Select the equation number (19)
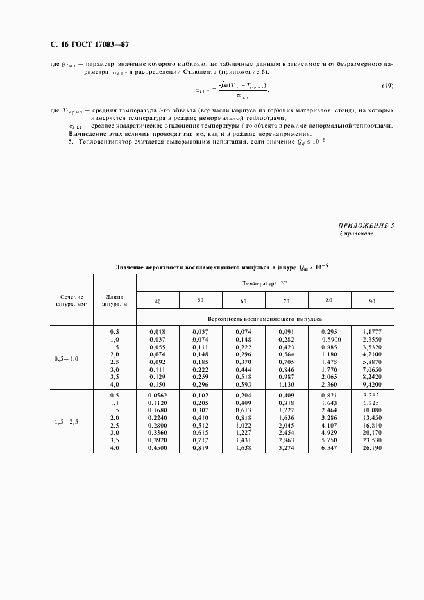pyautogui.click(x=387, y=86)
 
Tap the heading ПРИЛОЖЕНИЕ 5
pyautogui.click(x=366, y=226)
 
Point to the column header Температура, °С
pyautogui.click(x=265, y=282)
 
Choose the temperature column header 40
pyautogui.click(x=157, y=301)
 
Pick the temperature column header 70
pyautogui.click(x=286, y=301)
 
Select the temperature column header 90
pyautogui.click(x=373, y=301)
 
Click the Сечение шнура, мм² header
pyautogui.click(x=72, y=301)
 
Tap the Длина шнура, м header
pyautogui.click(x=115, y=301)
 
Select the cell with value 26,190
pyautogui.click(x=373, y=448)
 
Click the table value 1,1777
pyautogui.click(x=373, y=331)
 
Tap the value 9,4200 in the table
pyautogui.click(x=373, y=385)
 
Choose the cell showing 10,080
pyautogui.click(x=373, y=410)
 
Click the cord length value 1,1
pyautogui.click(x=115, y=403)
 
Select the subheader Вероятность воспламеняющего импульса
pyautogui.click(x=265, y=318)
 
